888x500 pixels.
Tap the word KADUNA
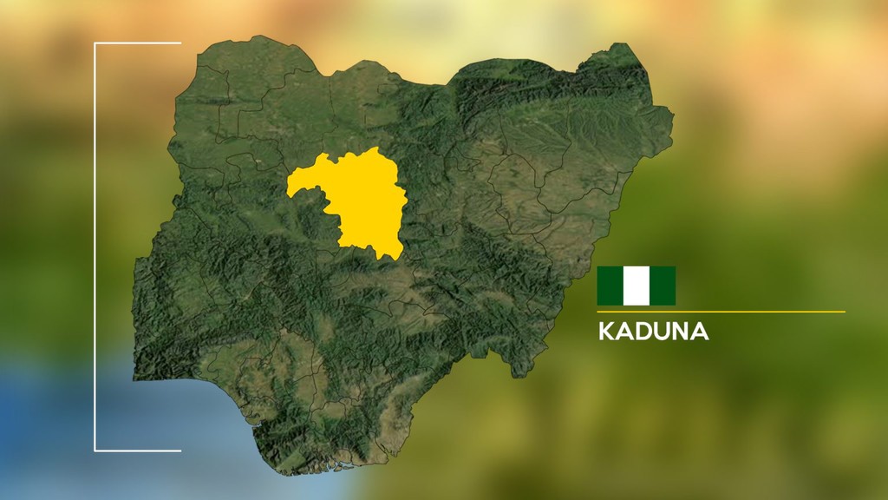[653, 332]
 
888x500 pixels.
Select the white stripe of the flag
[636, 286]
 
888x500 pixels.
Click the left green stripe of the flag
[610, 286]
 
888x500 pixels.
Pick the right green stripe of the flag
[663, 286]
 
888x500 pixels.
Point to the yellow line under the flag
[721, 311]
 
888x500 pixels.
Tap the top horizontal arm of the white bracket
[138, 43]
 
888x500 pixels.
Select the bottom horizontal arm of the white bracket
[138, 451]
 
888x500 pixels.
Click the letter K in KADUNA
[605, 332]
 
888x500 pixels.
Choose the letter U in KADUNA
[663, 332]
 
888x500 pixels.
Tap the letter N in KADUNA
[682, 332]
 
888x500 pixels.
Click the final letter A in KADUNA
[701, 332]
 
